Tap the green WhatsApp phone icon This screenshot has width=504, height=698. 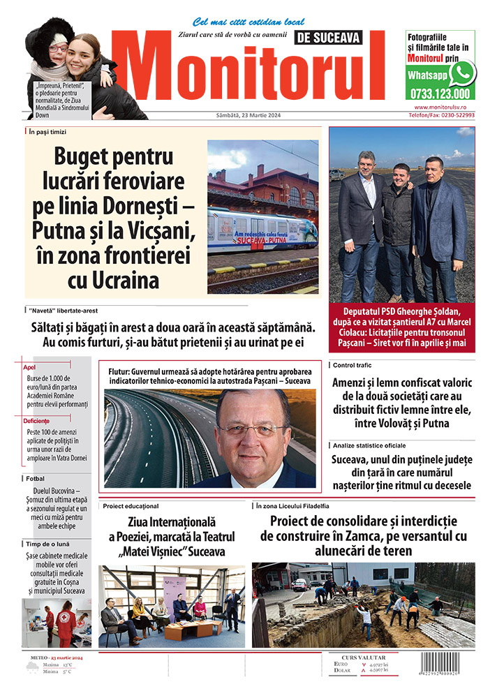[462, 73]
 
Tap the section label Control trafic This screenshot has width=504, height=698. [353, 365]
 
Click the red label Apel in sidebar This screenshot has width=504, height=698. [30, 366]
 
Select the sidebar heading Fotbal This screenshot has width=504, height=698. [36, 478]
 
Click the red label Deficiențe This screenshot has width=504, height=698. [37, 421]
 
